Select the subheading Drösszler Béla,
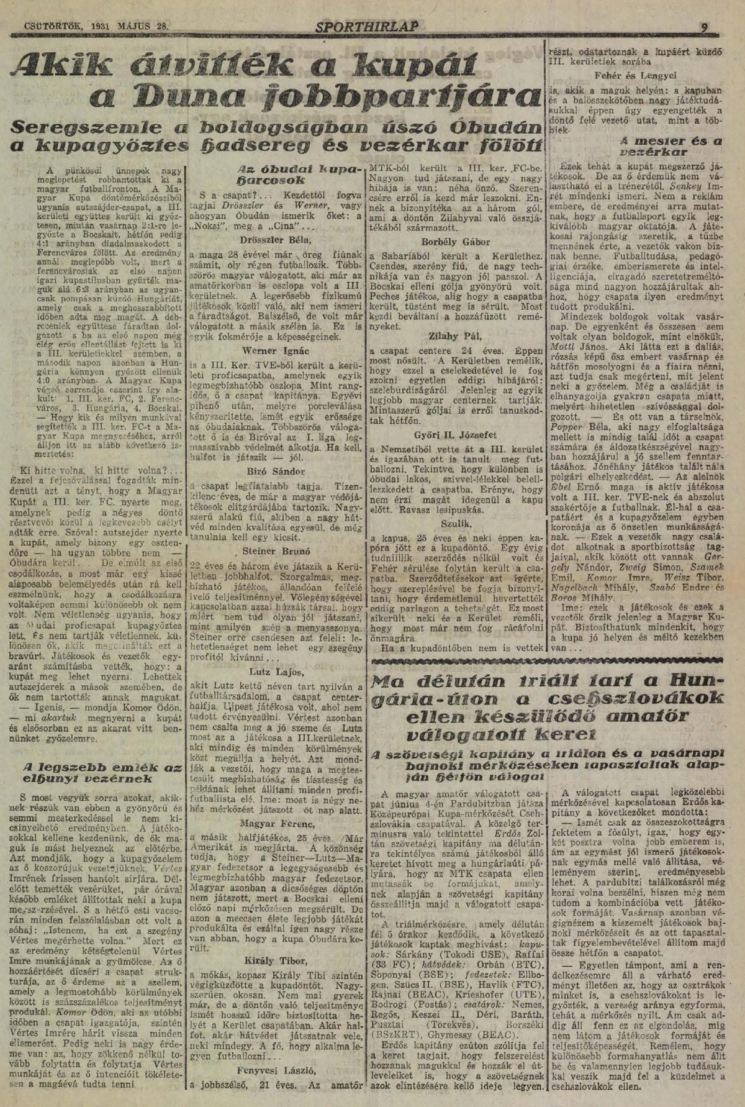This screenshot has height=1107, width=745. tap(276, 239)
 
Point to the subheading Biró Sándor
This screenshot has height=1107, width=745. tap(275, 471)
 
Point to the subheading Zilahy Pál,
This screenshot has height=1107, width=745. tap(455, 337)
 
